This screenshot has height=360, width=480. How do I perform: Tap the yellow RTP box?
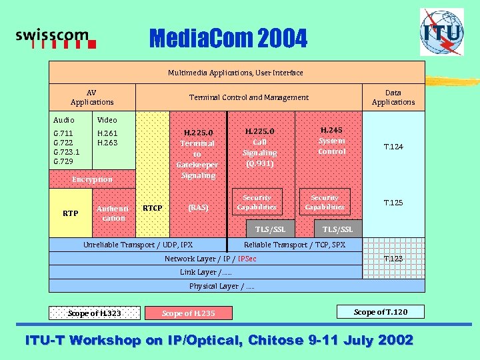coord(70,213)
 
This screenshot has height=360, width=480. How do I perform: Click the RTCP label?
coord(153,208)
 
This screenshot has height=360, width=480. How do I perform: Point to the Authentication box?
coord(113,213)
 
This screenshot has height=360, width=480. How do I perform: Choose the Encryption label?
coord(92,179)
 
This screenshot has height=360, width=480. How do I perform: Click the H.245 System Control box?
coord(331,141)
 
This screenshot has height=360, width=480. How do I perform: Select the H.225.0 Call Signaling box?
coord(260,147)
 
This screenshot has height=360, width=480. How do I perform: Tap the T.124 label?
coord(393,147)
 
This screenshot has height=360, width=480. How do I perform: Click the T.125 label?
coord(393,203)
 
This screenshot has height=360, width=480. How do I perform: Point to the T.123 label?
coord(393,258)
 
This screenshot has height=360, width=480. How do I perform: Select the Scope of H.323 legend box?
coord(95,313)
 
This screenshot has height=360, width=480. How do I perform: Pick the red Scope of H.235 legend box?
coord(189,313)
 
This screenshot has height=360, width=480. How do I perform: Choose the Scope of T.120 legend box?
coord(380,312)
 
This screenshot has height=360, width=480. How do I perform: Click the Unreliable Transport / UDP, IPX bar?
coord(137,245)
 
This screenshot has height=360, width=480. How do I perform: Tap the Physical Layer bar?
coord(222,286)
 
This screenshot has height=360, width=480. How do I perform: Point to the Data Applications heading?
coord(393,97)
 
